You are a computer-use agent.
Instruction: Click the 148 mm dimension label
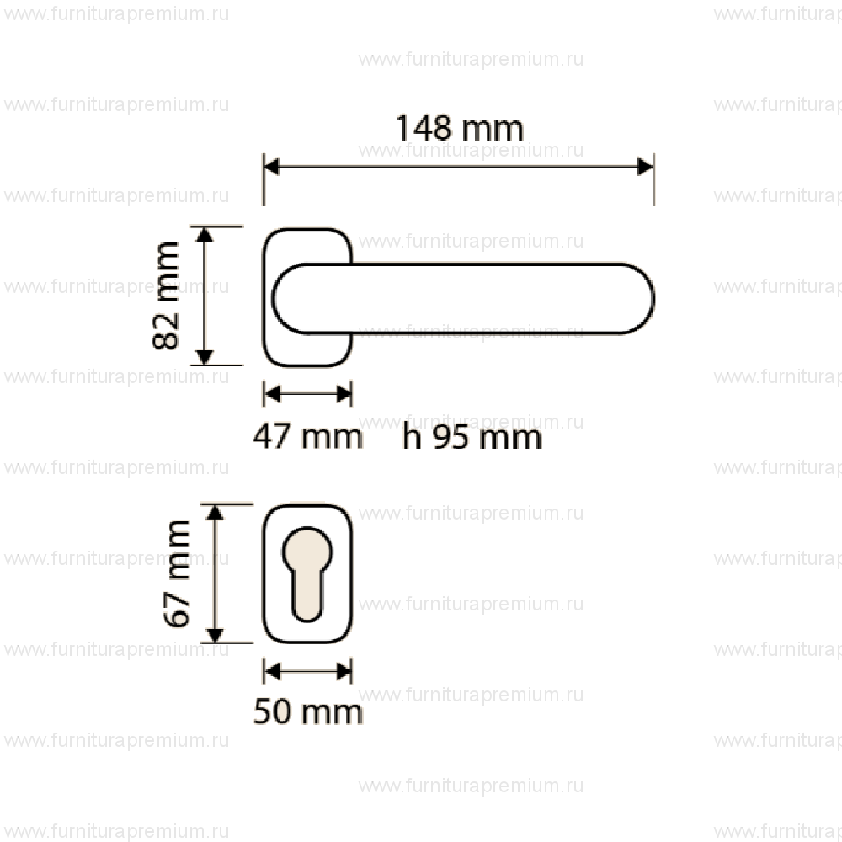460,129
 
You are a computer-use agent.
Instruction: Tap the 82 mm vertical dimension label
167,296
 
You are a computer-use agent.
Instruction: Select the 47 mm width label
308,437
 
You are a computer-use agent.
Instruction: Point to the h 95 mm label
472,438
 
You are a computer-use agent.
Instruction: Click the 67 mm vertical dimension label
178,573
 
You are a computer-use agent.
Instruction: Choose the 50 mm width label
308,712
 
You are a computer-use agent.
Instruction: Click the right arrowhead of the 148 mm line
646,167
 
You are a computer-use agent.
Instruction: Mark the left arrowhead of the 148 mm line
272,167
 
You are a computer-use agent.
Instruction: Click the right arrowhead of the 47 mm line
344,392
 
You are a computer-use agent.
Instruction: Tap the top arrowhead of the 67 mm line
216,513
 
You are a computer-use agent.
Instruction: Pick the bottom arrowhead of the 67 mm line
216,635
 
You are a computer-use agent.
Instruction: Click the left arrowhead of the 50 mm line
271,670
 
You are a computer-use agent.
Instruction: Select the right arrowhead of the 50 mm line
344,670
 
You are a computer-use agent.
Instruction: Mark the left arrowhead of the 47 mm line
271,392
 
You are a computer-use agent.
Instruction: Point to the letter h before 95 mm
412,438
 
